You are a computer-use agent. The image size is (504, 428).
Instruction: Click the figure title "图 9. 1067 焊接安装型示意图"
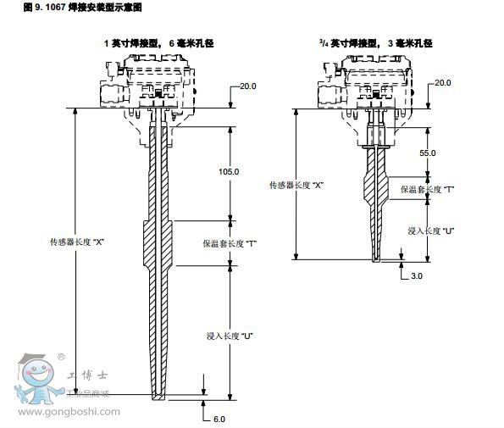83,7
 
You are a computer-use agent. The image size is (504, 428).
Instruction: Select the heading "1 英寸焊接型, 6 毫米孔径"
158,43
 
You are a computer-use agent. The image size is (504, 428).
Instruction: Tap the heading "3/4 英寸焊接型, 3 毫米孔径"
376,43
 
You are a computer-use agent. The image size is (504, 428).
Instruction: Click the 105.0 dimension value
229,172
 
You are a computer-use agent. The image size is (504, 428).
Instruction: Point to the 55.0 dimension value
428,153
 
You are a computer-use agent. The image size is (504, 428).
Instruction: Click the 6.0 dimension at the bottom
219,419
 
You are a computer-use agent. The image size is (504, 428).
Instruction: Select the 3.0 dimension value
417,276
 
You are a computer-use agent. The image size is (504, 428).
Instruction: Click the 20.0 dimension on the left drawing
248,86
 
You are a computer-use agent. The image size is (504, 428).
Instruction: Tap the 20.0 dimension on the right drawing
443,83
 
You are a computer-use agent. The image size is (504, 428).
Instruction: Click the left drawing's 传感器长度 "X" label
77,242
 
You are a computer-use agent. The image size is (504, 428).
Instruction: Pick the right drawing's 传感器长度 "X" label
296,186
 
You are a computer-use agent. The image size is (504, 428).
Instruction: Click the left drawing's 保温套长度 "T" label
230,244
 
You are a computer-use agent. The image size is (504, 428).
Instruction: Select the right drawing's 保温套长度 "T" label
427,189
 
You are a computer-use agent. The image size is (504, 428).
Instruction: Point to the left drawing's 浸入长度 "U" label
230,336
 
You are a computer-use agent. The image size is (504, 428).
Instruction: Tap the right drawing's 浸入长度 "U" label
431,231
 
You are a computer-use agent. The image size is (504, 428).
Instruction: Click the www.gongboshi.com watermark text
69,412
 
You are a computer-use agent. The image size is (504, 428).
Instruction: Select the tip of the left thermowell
158,398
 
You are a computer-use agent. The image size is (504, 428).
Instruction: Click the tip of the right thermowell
376,260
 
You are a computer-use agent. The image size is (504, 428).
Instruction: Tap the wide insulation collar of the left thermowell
158,243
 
